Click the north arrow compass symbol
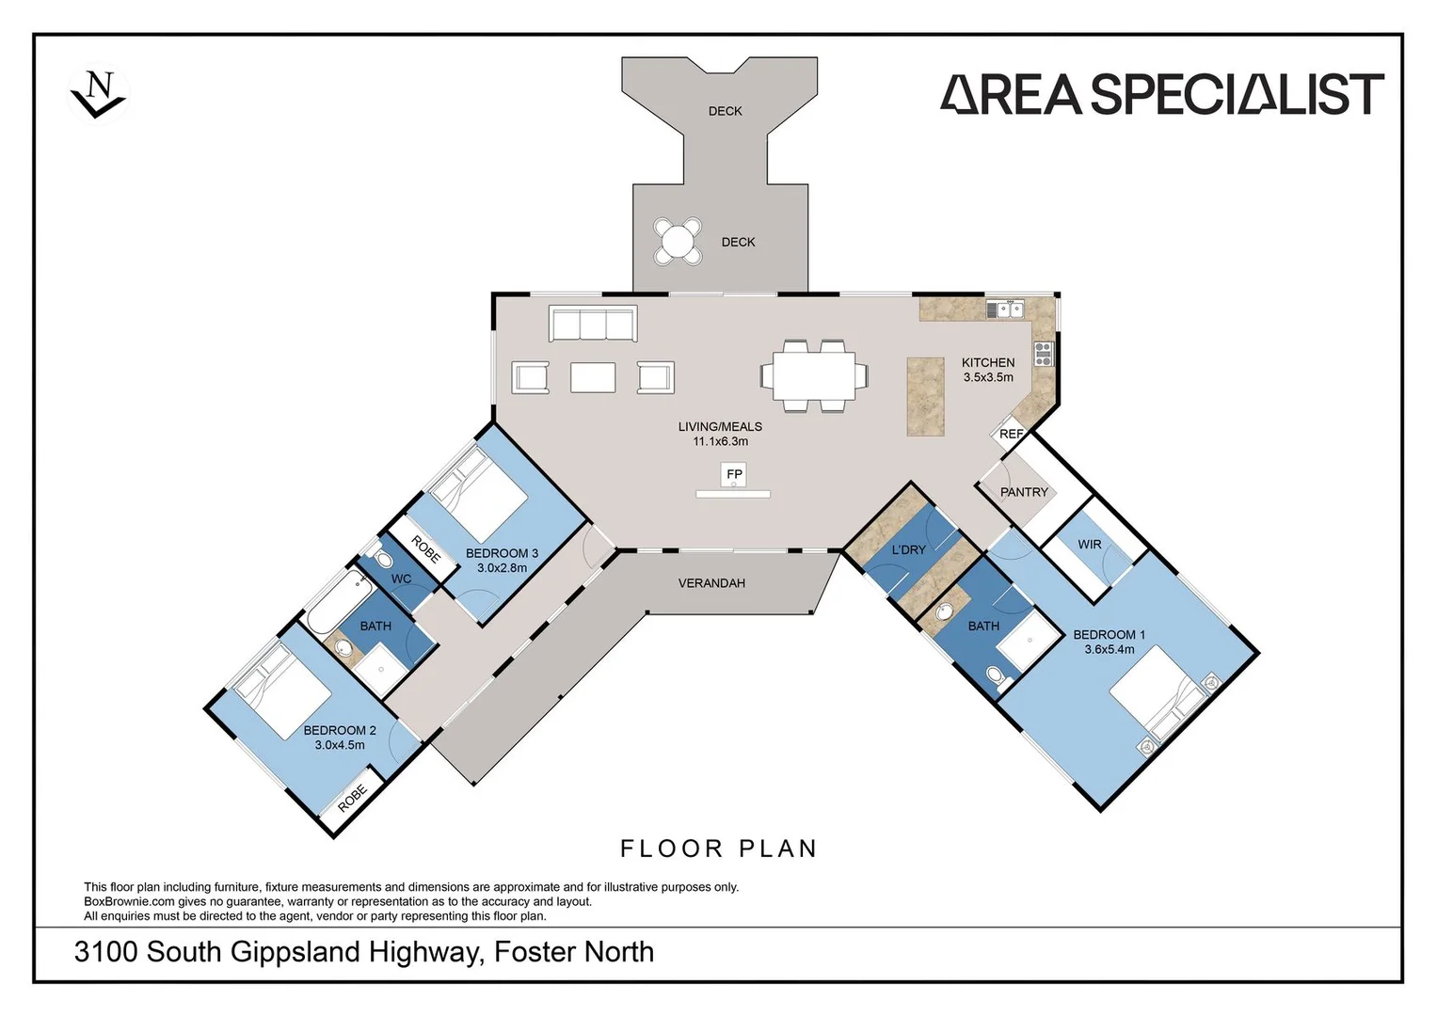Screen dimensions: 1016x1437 point(98,94)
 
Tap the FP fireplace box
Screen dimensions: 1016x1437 point(734,474)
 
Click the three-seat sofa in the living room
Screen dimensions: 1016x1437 point(593,324)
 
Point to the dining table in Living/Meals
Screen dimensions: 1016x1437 point(814,375)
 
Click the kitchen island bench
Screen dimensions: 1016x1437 point(925,396)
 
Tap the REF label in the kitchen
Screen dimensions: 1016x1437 point(1011,434)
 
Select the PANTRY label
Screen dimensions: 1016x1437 point(1024,492)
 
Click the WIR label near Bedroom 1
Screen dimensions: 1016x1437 point(1090,545)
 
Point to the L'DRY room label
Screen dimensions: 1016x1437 point(908,549)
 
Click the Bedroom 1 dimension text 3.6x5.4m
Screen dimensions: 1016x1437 point(1109,649)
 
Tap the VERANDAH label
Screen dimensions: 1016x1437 point(711,583)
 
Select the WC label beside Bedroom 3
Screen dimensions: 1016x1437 point(401,579)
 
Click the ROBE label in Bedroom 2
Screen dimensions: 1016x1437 point(352,799)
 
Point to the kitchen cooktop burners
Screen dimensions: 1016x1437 point(1044,354)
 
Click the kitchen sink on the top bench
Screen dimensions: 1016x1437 point(1004,309)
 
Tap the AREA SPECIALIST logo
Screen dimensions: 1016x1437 point(1162,94)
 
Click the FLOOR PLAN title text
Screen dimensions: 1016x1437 point(719,849)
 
